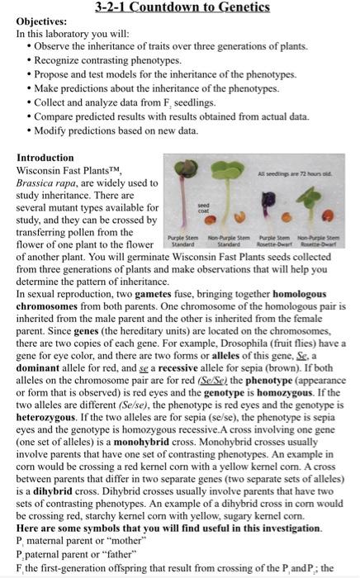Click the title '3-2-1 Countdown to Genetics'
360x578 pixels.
181,7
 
